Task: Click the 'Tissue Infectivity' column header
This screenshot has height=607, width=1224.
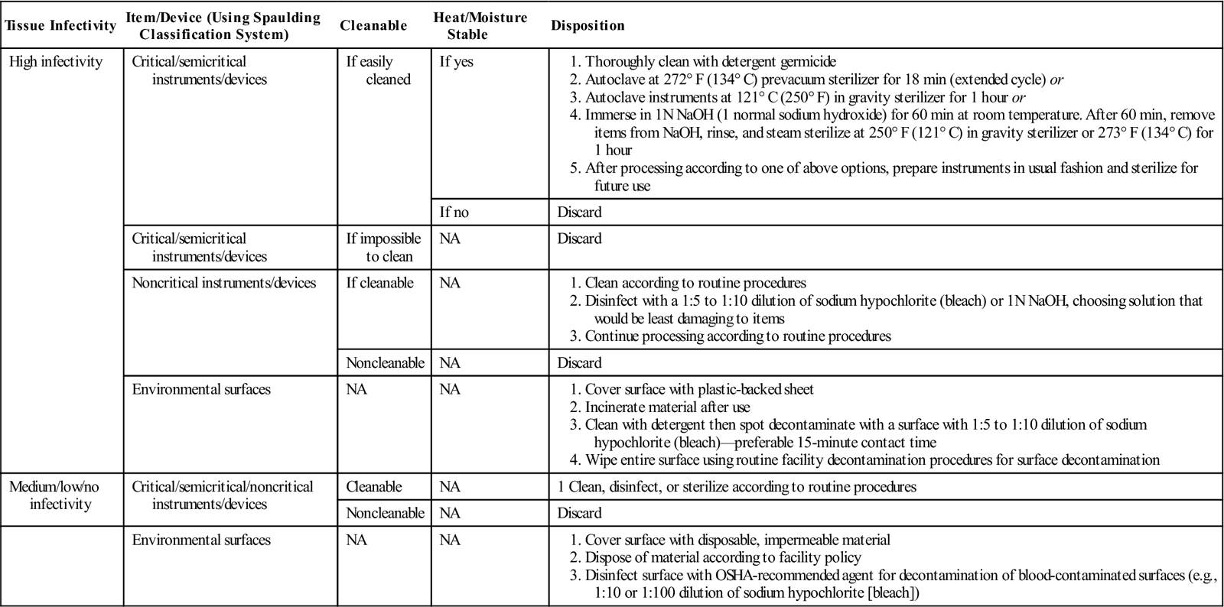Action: click(60, 25)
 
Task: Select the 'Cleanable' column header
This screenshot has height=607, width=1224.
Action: click(373, 25)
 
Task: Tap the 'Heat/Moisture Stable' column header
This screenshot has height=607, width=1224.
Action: click(480, 25)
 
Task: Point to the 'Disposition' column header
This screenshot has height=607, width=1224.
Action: click(588, 25)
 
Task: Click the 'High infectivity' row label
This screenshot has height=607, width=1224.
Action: click(55, 62)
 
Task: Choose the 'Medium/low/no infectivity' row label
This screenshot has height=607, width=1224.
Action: click(54, 495)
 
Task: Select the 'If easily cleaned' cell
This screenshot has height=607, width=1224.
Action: click(379, 70)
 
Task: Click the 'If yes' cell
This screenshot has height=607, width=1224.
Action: click(456, 62)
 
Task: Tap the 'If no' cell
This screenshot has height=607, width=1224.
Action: click(455, 212)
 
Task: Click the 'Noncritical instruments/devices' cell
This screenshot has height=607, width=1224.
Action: click(223, 283)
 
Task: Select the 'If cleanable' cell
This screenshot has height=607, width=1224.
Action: click(379, 283)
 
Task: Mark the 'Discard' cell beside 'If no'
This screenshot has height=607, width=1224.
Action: click(579, 212)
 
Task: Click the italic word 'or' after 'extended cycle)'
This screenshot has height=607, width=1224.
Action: click(1056, 80)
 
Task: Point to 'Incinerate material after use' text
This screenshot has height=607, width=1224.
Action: click(667, 407)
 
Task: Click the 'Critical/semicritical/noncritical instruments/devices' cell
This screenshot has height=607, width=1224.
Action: click(223, 495)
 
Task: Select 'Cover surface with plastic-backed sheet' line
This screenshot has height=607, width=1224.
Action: click(699, 389)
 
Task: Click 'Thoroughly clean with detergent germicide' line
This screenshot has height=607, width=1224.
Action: click(710, 62)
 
